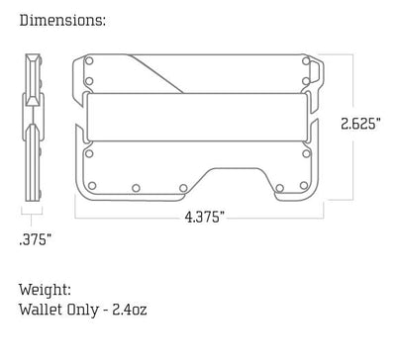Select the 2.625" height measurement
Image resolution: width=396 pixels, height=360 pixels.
[360, 124]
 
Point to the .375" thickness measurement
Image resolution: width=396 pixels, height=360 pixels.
[35, 238]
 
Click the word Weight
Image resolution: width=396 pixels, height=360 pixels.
[44, 291]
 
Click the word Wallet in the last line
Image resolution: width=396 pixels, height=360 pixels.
[41, 311]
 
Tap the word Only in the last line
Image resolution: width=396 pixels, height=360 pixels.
[85, 311]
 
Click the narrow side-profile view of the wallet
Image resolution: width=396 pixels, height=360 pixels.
[34, 124]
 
